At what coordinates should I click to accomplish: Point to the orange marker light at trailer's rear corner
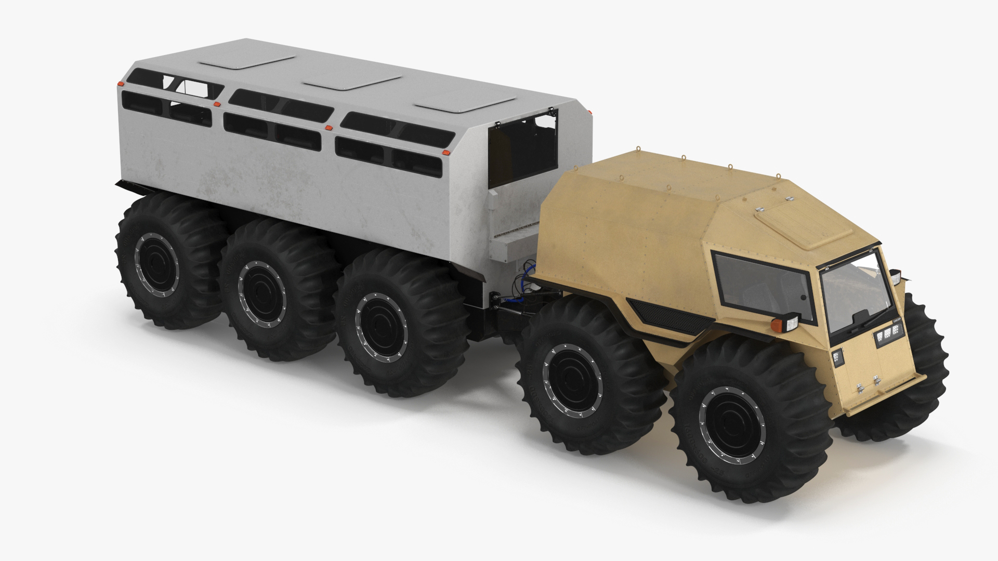[x=121, y=84]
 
